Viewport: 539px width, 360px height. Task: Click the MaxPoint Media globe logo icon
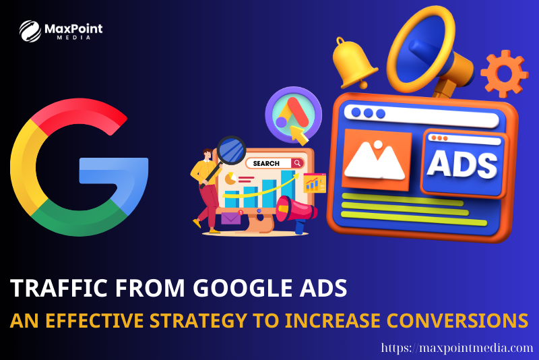30,31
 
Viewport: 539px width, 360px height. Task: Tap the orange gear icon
504,73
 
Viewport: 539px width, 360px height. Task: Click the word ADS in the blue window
462,164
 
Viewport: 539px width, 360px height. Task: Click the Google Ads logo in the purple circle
293,114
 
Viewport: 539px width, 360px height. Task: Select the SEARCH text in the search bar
266,163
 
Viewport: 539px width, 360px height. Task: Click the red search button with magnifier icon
297,163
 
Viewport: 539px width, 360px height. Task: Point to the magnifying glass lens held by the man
231,150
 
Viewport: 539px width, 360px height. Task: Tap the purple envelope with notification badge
231,218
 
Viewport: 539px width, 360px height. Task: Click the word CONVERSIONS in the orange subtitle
457,320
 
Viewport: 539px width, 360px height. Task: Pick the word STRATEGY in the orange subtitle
198,320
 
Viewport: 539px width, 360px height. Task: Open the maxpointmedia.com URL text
457,348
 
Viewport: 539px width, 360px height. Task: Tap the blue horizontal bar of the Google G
113,169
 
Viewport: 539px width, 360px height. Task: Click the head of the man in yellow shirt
208,154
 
